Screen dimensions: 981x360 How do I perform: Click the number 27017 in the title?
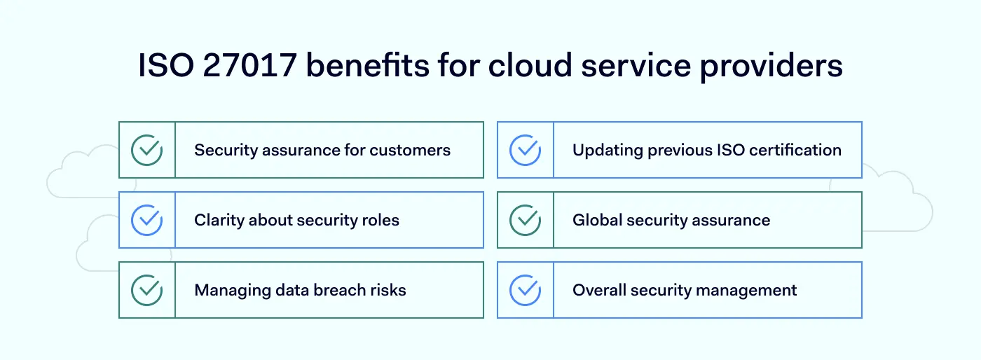point(249,66)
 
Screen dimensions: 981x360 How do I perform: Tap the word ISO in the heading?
point(166,66)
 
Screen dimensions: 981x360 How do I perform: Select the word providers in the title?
point(771,67)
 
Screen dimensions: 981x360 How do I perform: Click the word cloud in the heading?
point(530,65)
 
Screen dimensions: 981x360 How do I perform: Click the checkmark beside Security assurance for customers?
point(147,150)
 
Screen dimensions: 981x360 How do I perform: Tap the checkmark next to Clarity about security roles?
point(147,220)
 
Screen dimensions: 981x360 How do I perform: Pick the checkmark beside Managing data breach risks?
point(147,290)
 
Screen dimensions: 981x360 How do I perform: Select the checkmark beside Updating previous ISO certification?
point(526,150)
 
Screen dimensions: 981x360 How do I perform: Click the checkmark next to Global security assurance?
point(526,220)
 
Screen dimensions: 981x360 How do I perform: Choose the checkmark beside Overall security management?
point(526,290)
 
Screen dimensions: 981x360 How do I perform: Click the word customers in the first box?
point(410,150)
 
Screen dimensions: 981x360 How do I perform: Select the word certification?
point(795,150)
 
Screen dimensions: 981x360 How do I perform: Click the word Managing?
point(233,291)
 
